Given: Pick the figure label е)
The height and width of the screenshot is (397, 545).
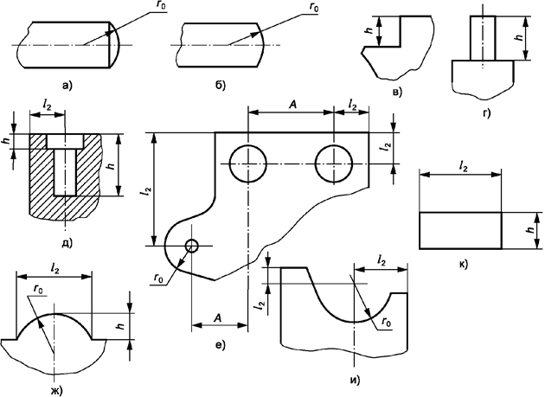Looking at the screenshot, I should point(220,346).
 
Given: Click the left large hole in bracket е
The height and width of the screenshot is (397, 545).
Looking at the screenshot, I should point(247,163).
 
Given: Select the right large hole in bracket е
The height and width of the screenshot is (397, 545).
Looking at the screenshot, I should point(334,163).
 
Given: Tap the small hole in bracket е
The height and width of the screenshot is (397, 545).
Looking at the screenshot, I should point(191,246).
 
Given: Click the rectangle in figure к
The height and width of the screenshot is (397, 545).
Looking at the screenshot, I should point(459,230).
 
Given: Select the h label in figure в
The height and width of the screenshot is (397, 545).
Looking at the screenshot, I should point(369,30).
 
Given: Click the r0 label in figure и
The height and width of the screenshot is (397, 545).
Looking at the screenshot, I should point(386,321).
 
